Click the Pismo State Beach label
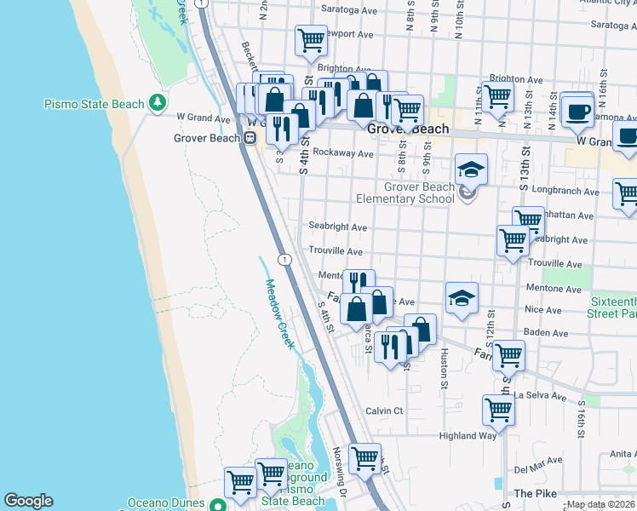pos(94,105)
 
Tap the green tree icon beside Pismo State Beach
pos(158,103)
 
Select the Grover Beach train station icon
pos(251,137)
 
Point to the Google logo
pos(28,501)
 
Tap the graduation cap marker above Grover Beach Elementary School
pos(470,169)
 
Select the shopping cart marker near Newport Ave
pos(312,39)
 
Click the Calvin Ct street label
pos(384,411)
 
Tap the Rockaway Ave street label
pos(343,153)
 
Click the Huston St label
pos(444,371)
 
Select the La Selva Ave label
pos(540,396)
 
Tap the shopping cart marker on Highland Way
pos(498,410)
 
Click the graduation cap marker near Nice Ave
pos(462,297)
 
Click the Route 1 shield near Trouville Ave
pos(284,259)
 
